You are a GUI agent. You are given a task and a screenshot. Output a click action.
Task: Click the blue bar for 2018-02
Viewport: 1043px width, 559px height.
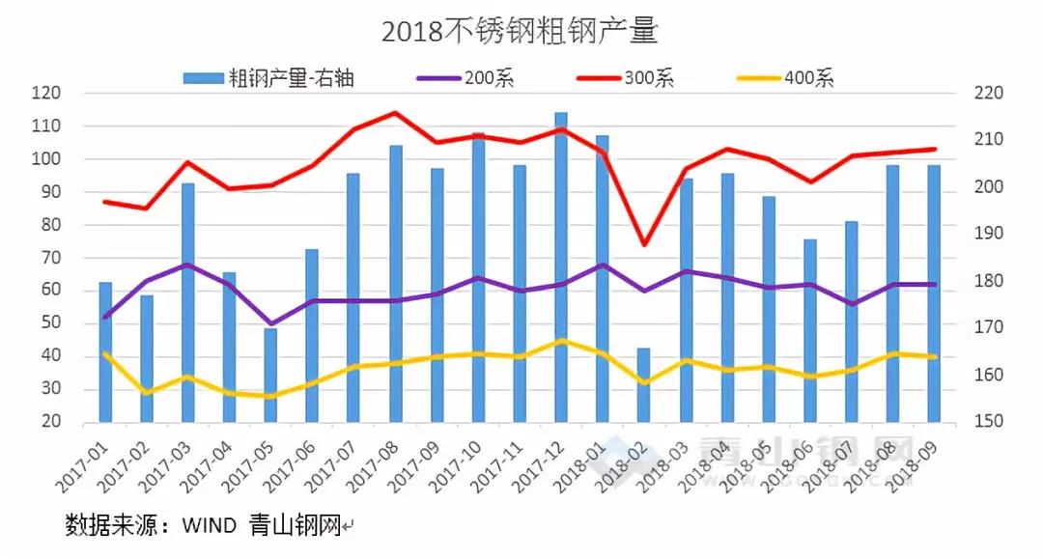(x=644, y=385)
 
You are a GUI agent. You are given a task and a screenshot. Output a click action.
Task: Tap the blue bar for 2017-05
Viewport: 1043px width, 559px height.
(x=270, y=376)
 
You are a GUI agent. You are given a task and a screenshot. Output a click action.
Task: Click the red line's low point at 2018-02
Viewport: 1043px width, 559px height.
(x=644, y=244)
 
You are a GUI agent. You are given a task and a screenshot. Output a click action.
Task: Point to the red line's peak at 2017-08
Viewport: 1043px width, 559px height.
(x=395, y=113)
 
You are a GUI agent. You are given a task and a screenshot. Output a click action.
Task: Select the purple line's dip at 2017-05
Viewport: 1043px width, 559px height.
(x=271, y=323)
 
